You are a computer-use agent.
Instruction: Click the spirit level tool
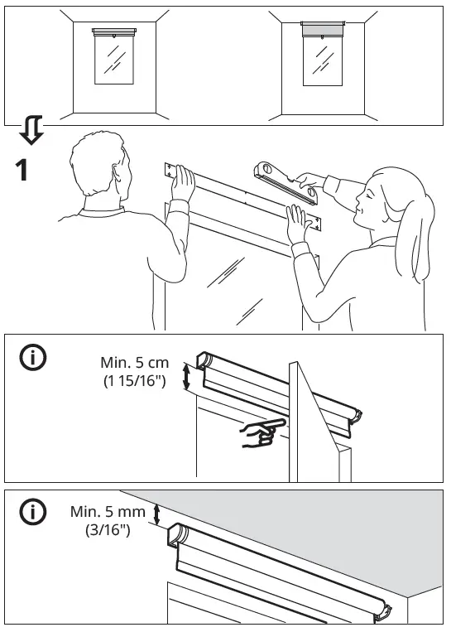click(286, 183)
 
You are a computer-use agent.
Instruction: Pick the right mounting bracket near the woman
click(312, 223)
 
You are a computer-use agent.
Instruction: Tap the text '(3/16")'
click(108, 532)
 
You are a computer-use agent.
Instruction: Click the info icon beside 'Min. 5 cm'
click(33, 358)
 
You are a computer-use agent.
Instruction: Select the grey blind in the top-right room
click(323, 30)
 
